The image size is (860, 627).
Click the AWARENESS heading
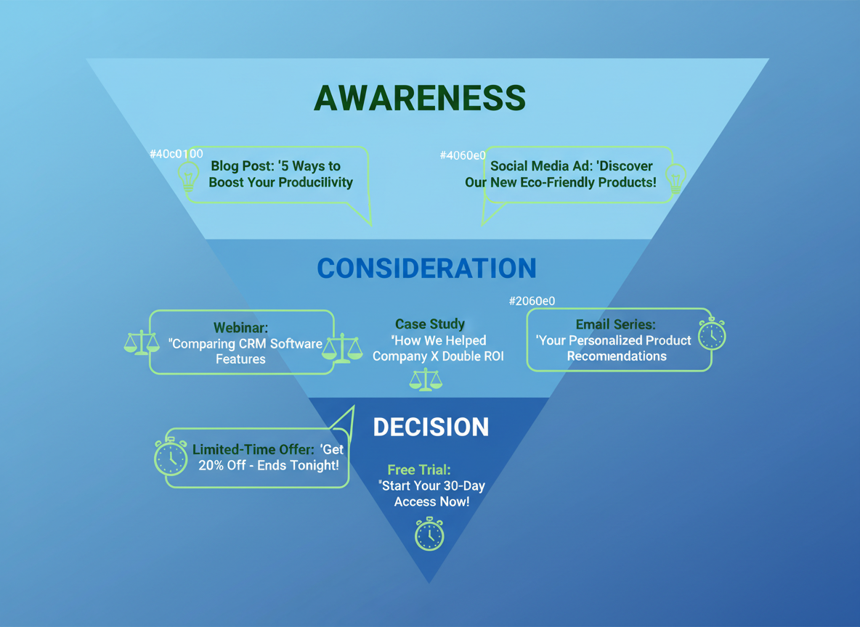click(x=420, y=98)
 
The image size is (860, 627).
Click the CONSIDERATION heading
click(x=426, y=268)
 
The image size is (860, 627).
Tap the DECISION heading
click(x=431, y=427)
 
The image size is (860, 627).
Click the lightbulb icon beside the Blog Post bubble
click(x=189, y=176)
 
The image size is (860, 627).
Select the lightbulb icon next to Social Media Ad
click(x=676, y=177)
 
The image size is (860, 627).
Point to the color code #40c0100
click(x=176, y=154)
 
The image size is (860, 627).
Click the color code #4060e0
click(x=463, y=155)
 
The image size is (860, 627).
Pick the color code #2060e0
click(x=532, y=300)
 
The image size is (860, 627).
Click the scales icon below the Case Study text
click(x=426, y=380)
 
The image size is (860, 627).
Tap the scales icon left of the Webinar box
click(x=142, y=342)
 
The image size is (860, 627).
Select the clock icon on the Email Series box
click(x=712, y=335)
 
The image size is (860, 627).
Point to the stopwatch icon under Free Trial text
click(x=429, y=534)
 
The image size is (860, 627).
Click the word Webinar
click(x=240, y=328)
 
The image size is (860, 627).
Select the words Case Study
click(x=430, y=324)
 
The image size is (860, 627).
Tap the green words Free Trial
click(x=419, y=470)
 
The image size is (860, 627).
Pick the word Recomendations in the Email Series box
click(x=617, y=356)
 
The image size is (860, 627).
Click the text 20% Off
click(x=222, y=465)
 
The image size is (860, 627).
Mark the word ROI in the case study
click(x=490, y=356)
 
